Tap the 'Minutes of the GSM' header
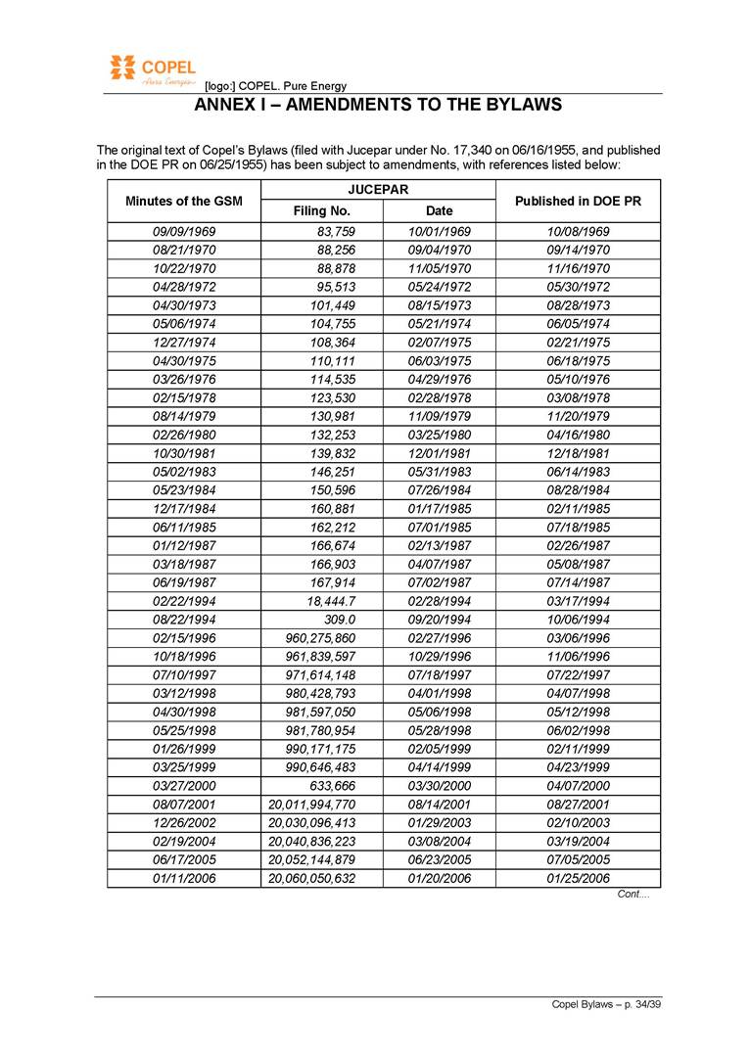click(184, 201)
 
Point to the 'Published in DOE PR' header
click(578, 201)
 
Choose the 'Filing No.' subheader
click(322, 210)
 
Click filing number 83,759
click(333, 232)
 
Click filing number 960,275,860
click(311, 638)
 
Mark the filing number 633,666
click(330, 786)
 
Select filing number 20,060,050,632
click(311, 878)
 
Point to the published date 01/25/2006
click(578, 878)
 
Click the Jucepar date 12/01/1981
click(439, 453)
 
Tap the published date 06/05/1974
click(578, 324)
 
